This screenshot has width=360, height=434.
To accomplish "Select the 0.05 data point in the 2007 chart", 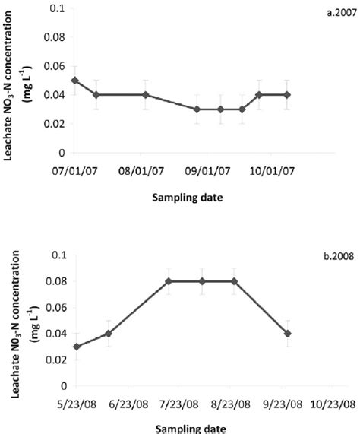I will [x=74, y=81].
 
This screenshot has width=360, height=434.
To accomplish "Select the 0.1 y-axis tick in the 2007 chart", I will [x=56, y=8].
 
